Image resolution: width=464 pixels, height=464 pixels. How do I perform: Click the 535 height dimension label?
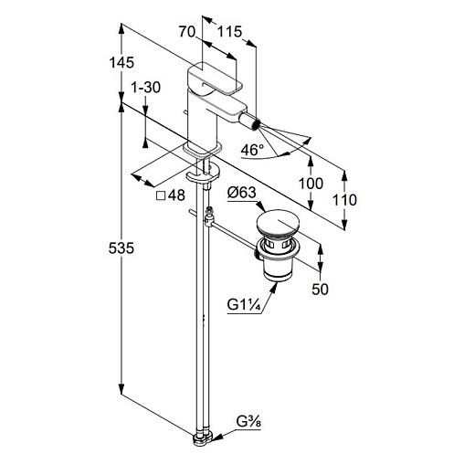tap(121, 248)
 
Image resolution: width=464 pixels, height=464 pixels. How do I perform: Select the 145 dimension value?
tap(121, 62)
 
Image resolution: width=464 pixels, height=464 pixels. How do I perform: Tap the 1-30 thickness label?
tap(145, 88)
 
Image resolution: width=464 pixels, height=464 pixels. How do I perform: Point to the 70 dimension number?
tap(186, 31)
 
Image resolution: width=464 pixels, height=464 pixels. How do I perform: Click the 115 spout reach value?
tap(229, 31)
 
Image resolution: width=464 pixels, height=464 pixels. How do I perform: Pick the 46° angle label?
tap(252, 150)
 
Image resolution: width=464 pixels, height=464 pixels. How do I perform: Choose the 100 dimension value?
tap(311, 184)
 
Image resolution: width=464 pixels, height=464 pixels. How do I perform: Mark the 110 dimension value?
tap(344, 200)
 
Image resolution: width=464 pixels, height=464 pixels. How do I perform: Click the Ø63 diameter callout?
tap(242, 193)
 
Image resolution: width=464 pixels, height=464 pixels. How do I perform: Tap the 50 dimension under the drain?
tap(320, 289)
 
